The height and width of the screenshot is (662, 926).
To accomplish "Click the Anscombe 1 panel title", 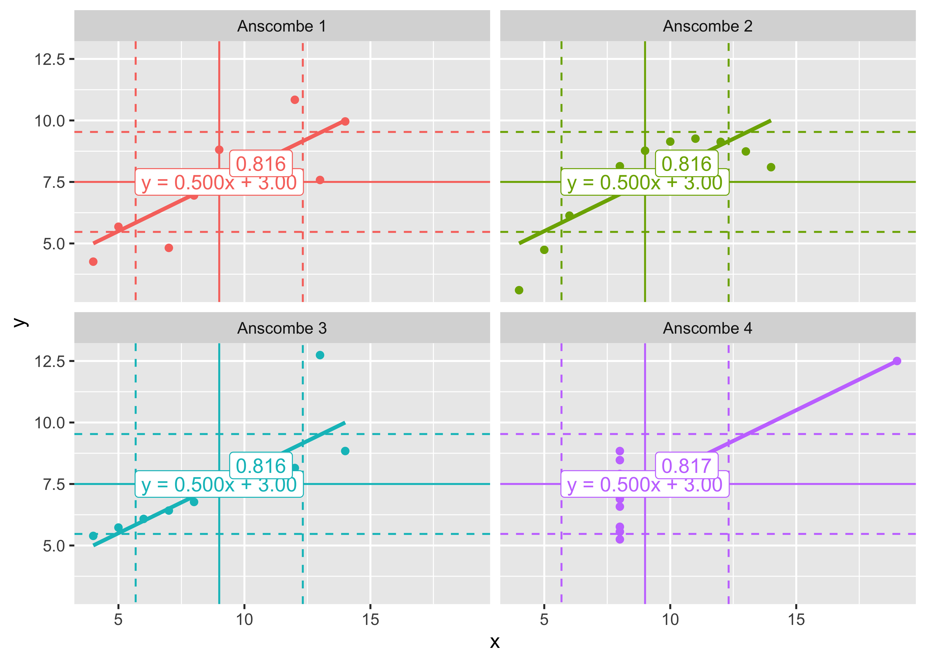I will (x=282, y=26).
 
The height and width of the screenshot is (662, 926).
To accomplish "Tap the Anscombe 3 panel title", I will (x=282, y=328).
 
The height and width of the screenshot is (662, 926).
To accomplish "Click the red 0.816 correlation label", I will (x=261, y=164).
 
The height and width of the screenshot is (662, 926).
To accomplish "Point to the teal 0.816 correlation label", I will (x=261, y=466).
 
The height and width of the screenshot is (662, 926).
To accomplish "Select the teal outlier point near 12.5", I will (x=320, y=355).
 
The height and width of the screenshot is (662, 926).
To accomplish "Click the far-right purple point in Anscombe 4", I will (x=897, y=361).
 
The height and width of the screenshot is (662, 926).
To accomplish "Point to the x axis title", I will (x=495, y=642).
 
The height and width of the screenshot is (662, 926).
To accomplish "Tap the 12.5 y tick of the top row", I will (x=50, y=60).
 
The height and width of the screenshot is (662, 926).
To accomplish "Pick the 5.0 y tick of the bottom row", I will (x=54, y=546).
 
